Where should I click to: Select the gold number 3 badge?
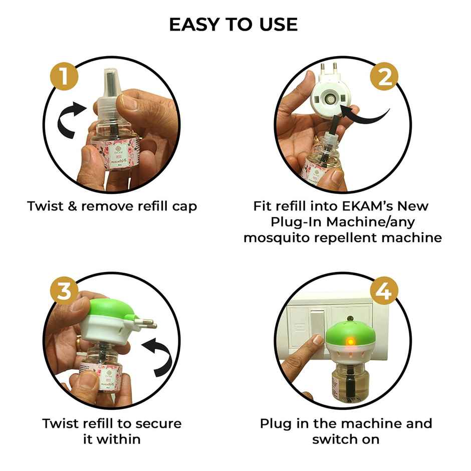tap(64, 292)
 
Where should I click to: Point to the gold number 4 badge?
tap(384, 292)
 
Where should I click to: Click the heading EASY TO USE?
tap(233, 24)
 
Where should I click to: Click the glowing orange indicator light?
tap(351, 341)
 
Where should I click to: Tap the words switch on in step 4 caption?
tap(345, 439)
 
